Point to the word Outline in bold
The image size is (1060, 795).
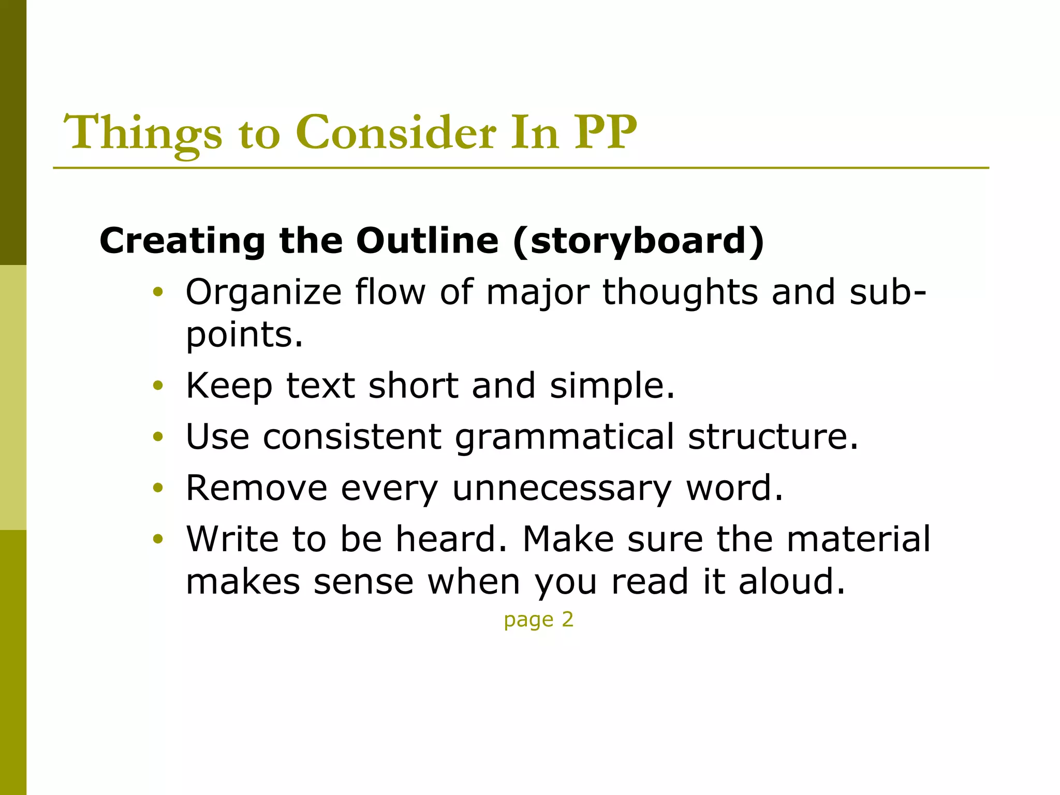[427, 241]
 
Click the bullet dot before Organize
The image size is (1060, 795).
[158, 293]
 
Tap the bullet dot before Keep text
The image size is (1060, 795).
[158, 386]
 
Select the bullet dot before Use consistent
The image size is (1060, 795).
[158, 437]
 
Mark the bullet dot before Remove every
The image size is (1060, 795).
[158, 488]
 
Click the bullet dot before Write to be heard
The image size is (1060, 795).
[158, 539]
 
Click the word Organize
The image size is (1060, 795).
[263, 293]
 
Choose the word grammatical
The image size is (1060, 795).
[565, 437]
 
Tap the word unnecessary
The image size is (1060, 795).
[562, 489]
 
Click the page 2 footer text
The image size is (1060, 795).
[538, 620]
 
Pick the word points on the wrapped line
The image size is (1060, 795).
[244, 335]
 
